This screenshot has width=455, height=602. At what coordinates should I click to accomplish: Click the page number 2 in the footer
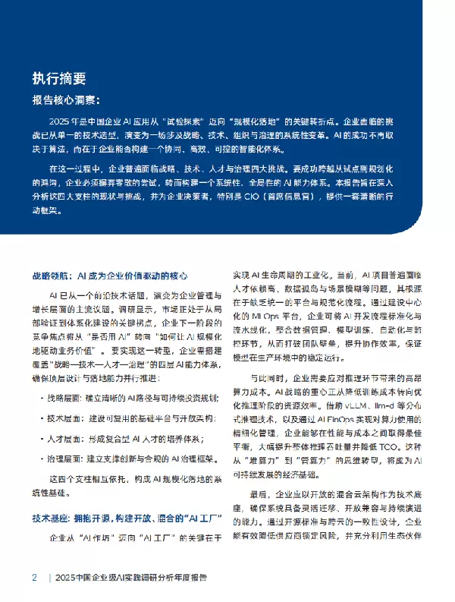[34, 578]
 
